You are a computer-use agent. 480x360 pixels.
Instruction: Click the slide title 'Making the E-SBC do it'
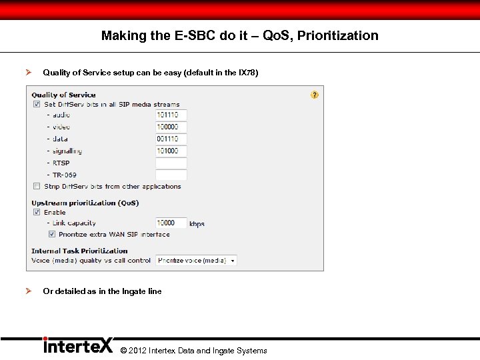239,36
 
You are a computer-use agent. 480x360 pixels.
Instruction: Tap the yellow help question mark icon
315,95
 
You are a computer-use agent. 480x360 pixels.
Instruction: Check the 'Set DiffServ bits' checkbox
37,104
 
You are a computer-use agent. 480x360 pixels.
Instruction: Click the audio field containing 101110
171,115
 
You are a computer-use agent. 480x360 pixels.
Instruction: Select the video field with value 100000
171,127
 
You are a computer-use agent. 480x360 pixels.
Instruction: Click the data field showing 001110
171,139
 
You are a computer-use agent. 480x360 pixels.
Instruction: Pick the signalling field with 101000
171,151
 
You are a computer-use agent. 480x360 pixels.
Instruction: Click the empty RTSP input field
171,163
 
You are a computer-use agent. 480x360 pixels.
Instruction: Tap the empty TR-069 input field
171,175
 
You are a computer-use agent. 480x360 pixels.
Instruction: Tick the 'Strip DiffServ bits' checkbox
37,187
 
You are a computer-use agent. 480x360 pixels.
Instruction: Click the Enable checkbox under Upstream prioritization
37,212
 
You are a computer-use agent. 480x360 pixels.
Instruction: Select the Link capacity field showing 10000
171,223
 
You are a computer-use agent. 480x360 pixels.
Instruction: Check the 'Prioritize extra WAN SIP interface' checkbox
51,234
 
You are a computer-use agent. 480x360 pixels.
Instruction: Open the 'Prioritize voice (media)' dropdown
196,261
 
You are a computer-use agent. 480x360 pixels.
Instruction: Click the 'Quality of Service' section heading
63,95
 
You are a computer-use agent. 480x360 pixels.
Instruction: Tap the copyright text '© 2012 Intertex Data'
193,351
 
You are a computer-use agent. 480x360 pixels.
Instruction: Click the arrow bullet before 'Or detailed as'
28,291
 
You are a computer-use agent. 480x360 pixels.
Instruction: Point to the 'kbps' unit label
197,224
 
